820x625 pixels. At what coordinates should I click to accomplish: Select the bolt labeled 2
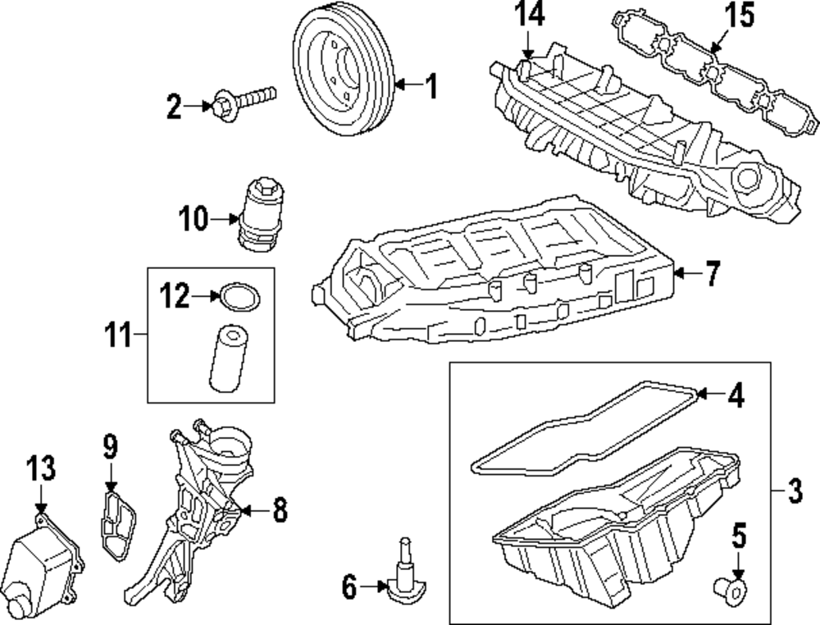[243, 102]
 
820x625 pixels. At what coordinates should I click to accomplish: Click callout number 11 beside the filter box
[119, 335]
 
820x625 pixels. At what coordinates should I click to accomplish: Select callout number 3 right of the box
[793, 492]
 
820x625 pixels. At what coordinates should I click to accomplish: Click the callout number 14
[530, 16]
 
